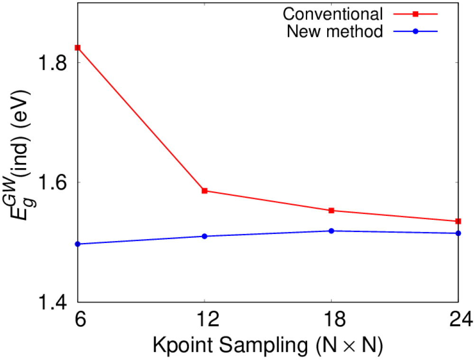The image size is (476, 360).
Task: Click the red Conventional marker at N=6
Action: click(x=78, y=47)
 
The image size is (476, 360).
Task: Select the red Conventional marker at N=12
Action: click(x=205, y=191)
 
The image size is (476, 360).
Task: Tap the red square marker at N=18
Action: click(x=331, y=210)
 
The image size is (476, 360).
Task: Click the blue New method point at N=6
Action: click(x=78, y=244)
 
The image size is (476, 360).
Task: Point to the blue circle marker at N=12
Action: click(x=205, y=236)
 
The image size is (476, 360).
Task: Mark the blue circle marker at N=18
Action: click(x=331, y=231)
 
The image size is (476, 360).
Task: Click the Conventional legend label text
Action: click(x=332, y=14)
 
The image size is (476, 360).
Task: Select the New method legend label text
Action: click(x=335, y=32)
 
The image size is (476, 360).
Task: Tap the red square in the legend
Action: click(x=415, y=14)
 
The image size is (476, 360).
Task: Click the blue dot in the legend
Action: click(x=415, y=32)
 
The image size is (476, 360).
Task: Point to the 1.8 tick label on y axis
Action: click(x=54, y=63)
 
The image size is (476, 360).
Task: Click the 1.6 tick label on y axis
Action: click(x=54, y=182)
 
